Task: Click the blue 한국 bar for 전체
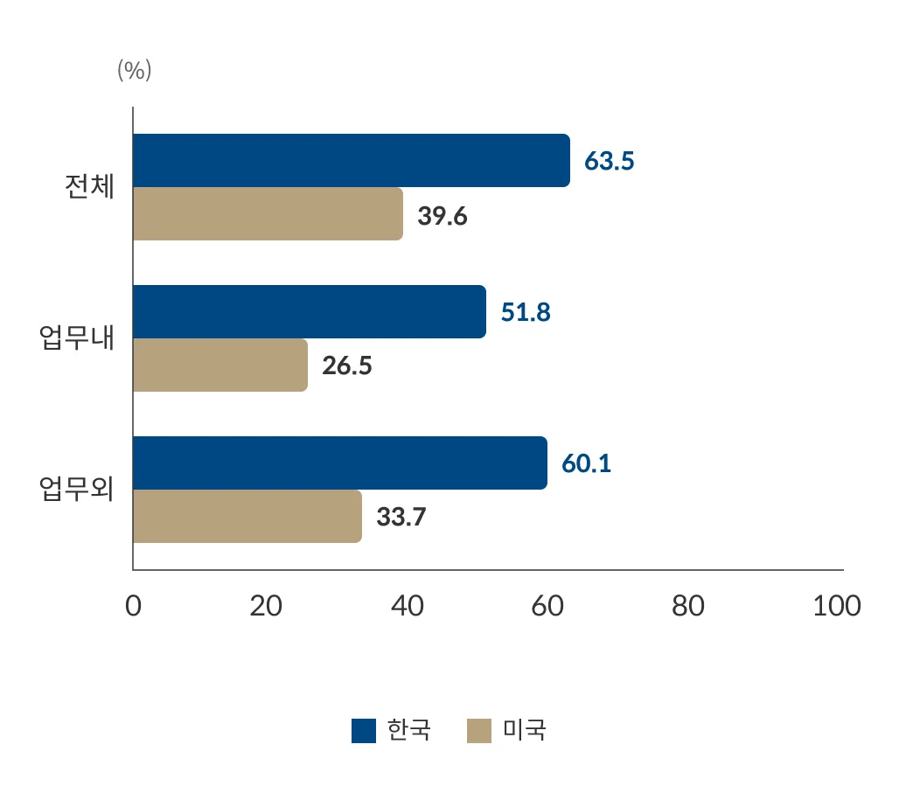pyautogui.click(x=351, y=161)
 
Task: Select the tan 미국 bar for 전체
pyautogui.click(x=268, y=214)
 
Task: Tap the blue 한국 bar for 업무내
pyautogui.click(x=309, y=312)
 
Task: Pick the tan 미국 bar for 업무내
pyautogui.click(x=220, y=365)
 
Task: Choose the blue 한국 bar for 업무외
pyautogui.click(x=339, y=463)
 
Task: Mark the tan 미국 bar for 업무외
pyautogui.click(x=247, y=517)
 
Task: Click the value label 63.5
pyautogui.click(x=610, y=162)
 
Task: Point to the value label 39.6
pyautogui.click(x=443, y=216)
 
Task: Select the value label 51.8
pyautogui.click(x=526, y=313)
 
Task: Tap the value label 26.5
pyautogui.click(x=347, y=366)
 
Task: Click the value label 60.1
pyautogui.click(x=586, y=464)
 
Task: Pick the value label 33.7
pyautogui.click(x=401, y=518)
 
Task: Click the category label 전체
pyautogui.click(x=89, y=188)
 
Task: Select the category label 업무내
pyautogui.click(x=77, y=338)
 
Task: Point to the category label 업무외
pyautogui.click(x=77, y=490)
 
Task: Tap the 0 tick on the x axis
pyautogui.click(x=133, y=606)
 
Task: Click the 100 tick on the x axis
pyautogui.click(x=837, y=606)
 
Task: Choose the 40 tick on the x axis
pyautogui.click(x=408, y=606)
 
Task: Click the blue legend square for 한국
pyautogui.click(x=364, y=730)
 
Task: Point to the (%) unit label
pyautogui.click(x=135, y=71)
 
